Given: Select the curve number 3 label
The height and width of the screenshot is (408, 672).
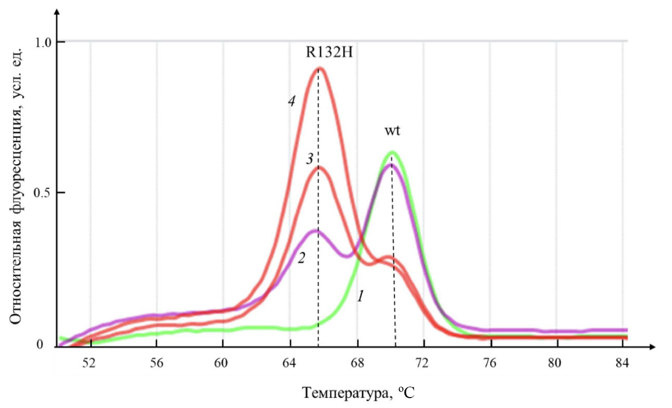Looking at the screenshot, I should pos(309,159).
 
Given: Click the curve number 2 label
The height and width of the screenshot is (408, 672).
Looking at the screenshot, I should pos(301,258).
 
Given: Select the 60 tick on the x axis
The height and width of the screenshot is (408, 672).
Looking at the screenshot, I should pos(223,364).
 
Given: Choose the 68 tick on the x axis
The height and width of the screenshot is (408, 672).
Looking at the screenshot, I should pos(357,364).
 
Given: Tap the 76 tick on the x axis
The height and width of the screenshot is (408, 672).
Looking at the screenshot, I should pos(491,364).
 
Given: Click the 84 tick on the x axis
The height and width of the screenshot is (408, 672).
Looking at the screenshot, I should pos(622,364).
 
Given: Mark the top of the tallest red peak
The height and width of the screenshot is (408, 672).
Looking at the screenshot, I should pos(320,69).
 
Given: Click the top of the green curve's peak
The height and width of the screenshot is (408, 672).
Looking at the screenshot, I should pos(392,152).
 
